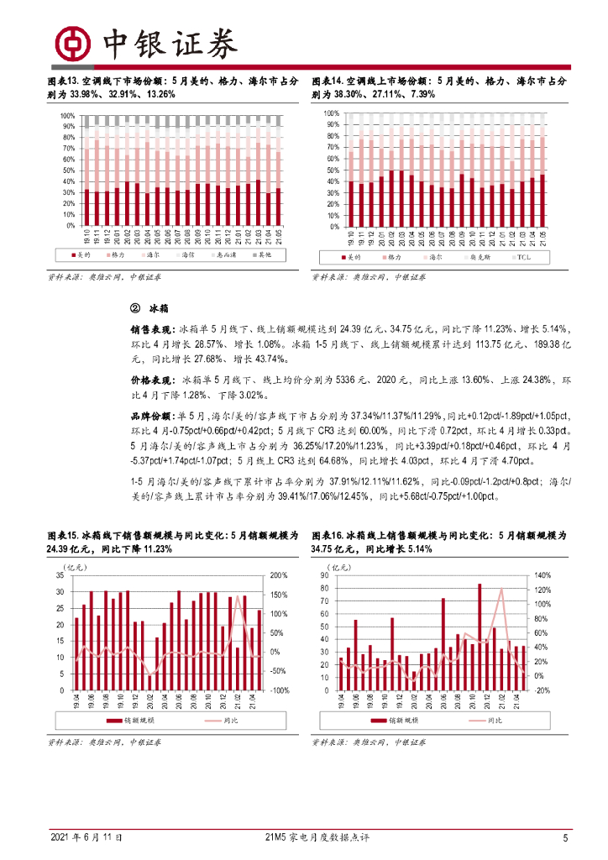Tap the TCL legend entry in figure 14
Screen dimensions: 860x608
(x=523, y=256)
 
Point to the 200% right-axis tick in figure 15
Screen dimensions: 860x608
(x=279, y=575)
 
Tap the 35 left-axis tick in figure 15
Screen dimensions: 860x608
(x=58, y=575)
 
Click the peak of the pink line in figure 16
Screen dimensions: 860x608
(x=501, y=589)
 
